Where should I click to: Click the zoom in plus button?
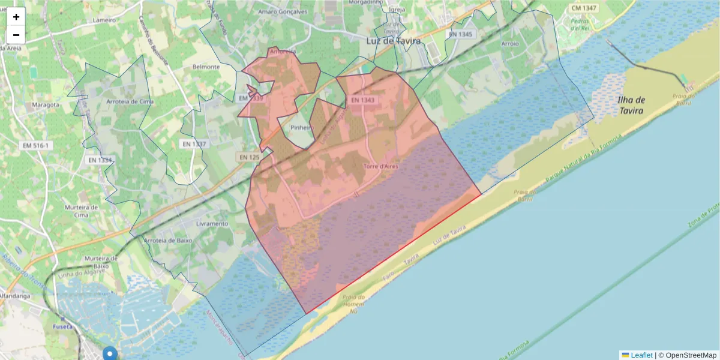pos(16,17)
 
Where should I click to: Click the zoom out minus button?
pos(16,35)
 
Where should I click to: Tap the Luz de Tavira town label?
pos(393,41)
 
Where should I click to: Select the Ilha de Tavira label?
pos(631,106)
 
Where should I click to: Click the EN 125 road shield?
pos(249,157)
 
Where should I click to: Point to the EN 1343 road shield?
pos(362,100)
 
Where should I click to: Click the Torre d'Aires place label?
pos(380,166)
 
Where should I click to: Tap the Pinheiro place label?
pos(302,128)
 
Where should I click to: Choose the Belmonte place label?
pos(206,67)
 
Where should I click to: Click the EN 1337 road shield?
pos(194,144)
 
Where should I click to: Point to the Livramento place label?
pos(212,224)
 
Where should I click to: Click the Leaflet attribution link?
pos(641,355)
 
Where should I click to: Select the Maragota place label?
pos(45,105)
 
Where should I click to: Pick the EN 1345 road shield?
pos(460,34)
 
